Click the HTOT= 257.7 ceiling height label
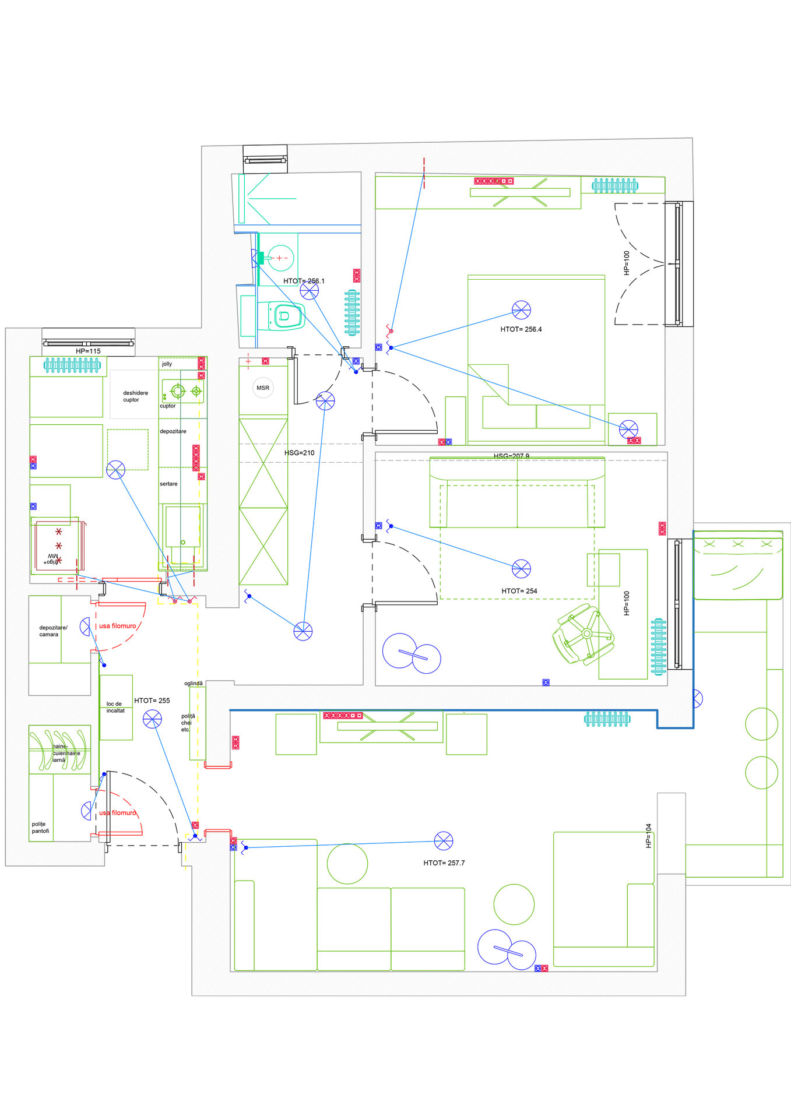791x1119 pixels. pos(444,863)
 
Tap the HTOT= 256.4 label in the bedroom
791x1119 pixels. pos(521,329)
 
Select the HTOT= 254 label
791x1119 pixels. pos(519,591)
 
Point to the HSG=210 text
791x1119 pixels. pos(299,453)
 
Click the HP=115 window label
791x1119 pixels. pos(88,351)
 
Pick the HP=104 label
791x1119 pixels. pos(648,835)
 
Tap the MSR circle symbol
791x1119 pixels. pos(263,388)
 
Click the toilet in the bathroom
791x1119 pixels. pos(285,316)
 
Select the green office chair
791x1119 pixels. pos(583,634)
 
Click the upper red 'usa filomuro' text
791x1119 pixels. pos(117,626)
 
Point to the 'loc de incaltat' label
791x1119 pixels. pos(115,707)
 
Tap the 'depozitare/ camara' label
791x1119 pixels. pos(52,631)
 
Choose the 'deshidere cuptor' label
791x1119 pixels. pos(135,396)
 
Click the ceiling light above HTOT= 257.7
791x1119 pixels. pos(444,841)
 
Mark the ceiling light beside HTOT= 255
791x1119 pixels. pos(152,719)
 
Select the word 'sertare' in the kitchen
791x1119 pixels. pos(168,484)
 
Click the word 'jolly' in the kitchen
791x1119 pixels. pos(167,364)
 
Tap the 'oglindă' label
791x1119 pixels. pos(194,683)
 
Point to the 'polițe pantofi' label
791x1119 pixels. pos(40,828)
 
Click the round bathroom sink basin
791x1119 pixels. pos(281,258)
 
